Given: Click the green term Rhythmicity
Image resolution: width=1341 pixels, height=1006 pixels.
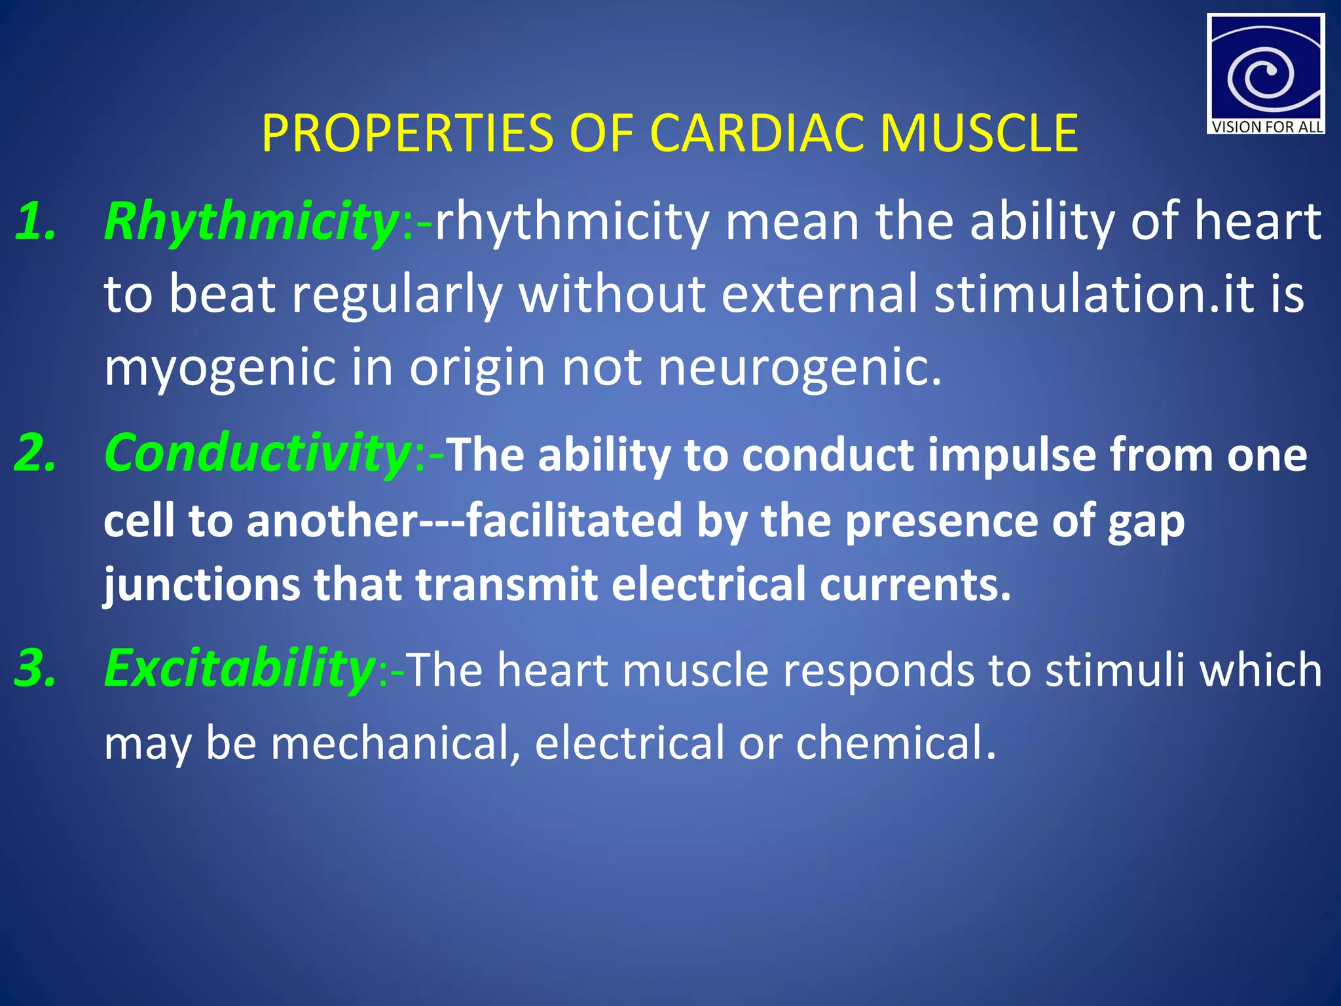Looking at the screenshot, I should coord(251,223).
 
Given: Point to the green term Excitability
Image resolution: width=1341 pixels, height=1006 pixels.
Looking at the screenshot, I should coord(239,669).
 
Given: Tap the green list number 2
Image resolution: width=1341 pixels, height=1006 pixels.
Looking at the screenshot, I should coord(35,453).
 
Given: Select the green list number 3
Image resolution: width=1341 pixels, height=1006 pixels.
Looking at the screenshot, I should coord(35,669).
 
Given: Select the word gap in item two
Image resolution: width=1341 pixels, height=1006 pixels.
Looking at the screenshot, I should coord(1146,522).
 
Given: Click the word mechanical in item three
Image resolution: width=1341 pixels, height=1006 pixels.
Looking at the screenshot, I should coord(395,743).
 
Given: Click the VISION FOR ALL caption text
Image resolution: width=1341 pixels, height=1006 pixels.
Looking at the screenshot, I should coord(1266,127).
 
